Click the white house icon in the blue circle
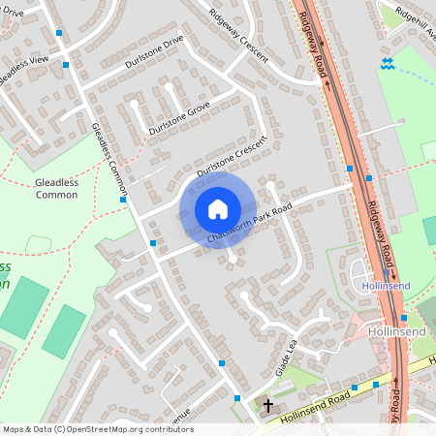tap(218, 208)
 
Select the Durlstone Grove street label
tap(178, 117)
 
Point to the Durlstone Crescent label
tap(232, 156)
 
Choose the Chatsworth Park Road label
tap(249, 224)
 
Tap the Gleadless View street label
tap(23, 69)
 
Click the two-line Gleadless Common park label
tap(56, 188)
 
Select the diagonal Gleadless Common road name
tap(109, 150)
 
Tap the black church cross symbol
tap(269, 406)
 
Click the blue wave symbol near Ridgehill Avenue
tap(387, 63)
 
